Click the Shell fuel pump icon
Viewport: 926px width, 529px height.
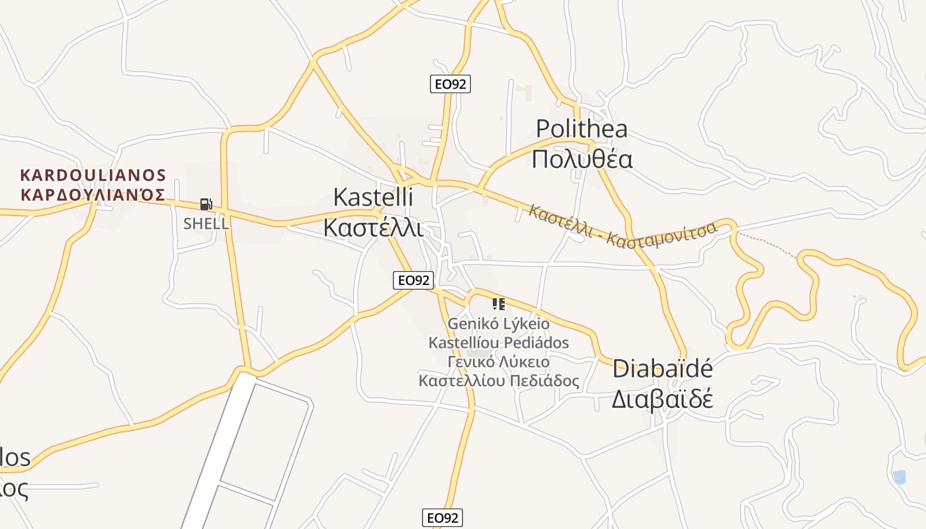pos(206,204)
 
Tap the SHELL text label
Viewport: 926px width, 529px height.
pos(206,224)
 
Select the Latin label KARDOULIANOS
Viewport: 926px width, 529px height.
pos(93,175)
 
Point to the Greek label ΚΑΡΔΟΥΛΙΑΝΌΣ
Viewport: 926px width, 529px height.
pos(93,194)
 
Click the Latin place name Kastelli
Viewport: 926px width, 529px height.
pos(373,196)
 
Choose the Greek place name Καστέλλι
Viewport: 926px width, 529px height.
pos(373,227)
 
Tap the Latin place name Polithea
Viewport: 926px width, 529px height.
pos(581,128)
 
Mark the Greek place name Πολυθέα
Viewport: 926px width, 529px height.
pos(582,159)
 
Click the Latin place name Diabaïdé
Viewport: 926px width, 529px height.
pos(662,368)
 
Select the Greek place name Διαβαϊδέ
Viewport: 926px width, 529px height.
pos(661,399)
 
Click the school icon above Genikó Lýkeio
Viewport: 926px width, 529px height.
pos(499,304)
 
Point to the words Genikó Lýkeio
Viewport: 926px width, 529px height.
pos(499,324)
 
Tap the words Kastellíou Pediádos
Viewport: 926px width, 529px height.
pos(499,343)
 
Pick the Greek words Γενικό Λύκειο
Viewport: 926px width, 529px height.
pos(499,362)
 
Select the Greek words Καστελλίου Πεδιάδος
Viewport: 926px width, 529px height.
pos(499,381)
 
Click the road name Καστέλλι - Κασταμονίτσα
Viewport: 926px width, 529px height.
pos(622,226)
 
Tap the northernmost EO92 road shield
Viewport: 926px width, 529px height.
pos(450,84)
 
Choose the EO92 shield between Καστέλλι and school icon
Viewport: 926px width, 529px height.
pos(413,280)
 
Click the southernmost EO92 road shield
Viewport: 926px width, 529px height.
pos(442,518)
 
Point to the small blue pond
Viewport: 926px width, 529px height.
pos(899,476)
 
